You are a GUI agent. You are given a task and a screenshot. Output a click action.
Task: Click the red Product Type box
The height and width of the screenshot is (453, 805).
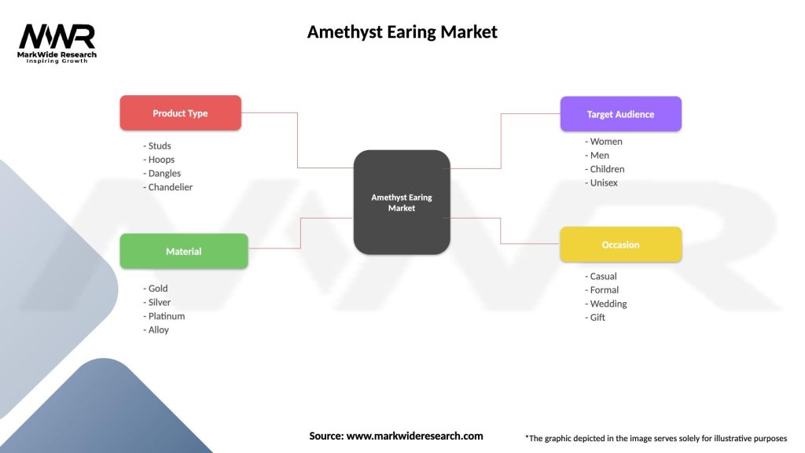(x=180, y=113)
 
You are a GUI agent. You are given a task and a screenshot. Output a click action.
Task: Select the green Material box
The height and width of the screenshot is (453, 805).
(x=183, y=251)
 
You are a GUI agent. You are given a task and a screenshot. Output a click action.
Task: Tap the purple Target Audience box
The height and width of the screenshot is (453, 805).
(x=620, y=114)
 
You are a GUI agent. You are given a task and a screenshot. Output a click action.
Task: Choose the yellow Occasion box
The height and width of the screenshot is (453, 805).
(x=620, y=245)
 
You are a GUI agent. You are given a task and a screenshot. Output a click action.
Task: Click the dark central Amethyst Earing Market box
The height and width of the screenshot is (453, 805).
(x=402, y=202)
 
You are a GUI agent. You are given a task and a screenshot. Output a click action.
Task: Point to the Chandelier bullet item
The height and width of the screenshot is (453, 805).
(x=168, y=187)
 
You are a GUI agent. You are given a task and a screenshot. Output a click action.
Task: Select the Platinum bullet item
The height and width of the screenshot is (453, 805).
(x=164, y=315)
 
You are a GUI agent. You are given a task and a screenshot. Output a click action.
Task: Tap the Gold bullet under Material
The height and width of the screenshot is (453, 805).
(x=156, y=288)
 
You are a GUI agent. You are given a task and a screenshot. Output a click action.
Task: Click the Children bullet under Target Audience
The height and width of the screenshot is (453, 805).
(x=605, y=169)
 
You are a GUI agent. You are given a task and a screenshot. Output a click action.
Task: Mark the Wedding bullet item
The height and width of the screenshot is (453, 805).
(x=606, y=304)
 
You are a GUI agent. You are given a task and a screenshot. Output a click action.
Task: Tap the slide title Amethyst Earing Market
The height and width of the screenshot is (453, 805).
(x=402, y=32)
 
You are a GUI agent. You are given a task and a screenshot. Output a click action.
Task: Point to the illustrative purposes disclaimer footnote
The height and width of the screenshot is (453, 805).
(x=656, y=438)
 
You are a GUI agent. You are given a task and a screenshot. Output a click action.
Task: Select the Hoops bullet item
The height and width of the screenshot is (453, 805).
(x=160, y=160)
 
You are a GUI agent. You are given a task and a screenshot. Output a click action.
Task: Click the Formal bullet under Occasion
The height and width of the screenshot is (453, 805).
(x=602, y=289)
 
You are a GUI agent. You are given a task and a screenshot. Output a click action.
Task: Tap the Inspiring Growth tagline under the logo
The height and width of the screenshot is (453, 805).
(x=57, y=61)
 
